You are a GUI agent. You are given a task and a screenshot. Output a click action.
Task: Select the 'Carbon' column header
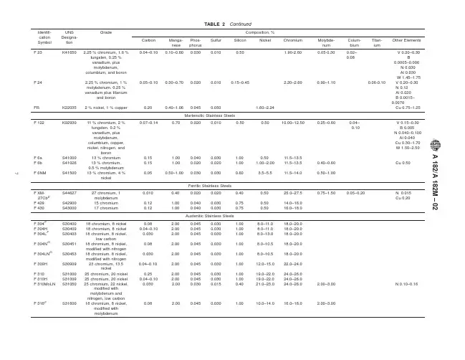pos(149,40)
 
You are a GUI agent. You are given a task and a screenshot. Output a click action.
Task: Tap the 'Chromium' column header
pos(292,40)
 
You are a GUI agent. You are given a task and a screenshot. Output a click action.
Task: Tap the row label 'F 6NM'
pos(40,173)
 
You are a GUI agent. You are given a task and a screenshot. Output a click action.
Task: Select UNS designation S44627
pos(70,193)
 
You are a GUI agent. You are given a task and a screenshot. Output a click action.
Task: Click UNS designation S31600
pos(70,303)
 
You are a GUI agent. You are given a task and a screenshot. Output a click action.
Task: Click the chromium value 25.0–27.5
pos(292,193)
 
